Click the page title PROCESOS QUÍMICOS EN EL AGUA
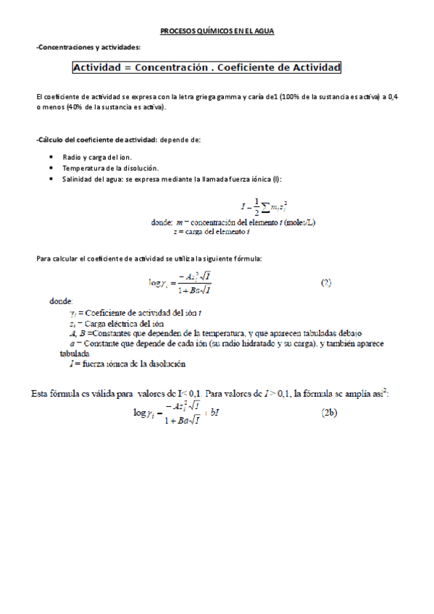pos(217,32)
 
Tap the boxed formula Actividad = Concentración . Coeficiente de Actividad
pos(206,67)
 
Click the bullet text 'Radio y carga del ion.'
pos(97,156)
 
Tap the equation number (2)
pos(326,283)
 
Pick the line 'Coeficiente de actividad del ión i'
pos(135,313)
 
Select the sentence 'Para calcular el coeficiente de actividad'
pos(149,258)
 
